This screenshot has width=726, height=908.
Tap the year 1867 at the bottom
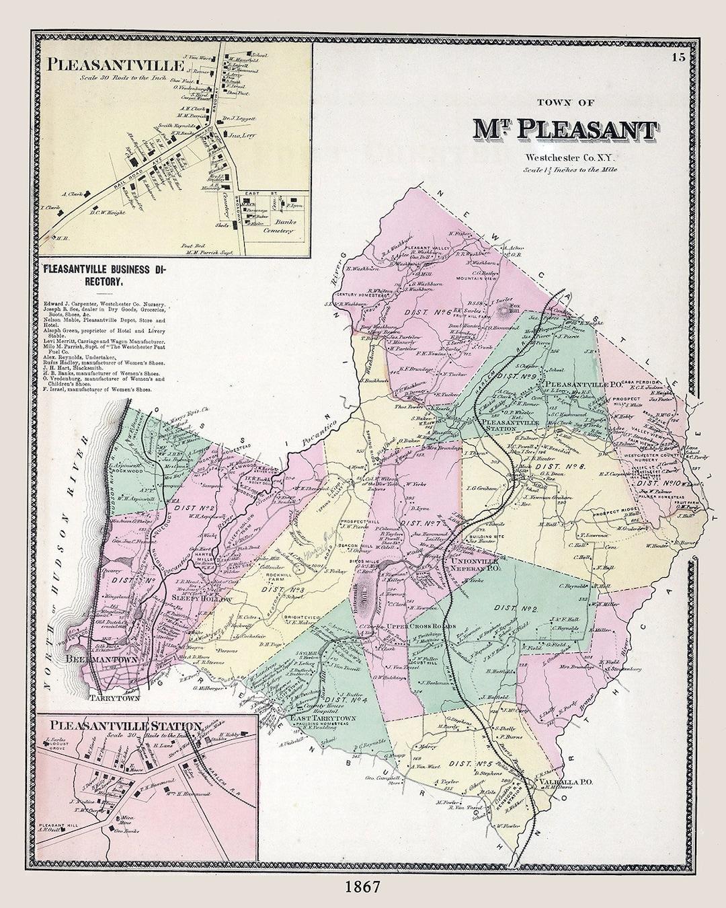tap(362, 886)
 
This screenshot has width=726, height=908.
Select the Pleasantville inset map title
tap(115, 65)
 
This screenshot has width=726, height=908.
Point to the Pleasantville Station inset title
tap(126, 726)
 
